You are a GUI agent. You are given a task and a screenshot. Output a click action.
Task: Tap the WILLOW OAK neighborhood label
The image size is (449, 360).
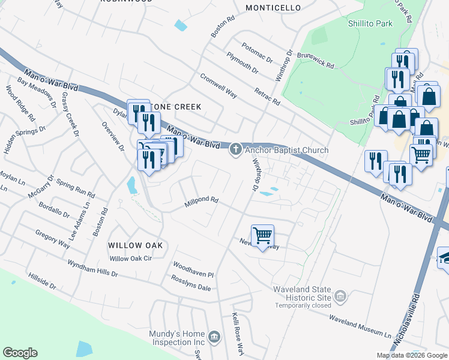point(135,245)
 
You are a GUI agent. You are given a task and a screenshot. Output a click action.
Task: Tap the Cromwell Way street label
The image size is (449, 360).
point(218,85)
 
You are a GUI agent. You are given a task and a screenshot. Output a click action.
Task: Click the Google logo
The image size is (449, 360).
point(20,353)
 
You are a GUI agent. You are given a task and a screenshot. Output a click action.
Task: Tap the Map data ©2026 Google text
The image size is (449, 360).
point(411,355)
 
